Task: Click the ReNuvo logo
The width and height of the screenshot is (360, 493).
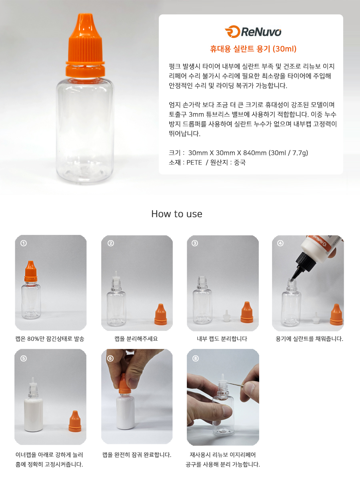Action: pos(253,32)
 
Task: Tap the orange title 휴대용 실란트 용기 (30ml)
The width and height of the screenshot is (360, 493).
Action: pos(253,49)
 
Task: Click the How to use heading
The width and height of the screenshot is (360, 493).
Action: pos(177,214)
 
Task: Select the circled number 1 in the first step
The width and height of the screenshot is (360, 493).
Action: pos(24,243)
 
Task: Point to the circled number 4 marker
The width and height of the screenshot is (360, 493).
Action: pos(280,243)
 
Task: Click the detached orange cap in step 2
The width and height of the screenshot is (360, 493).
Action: pos(161,314)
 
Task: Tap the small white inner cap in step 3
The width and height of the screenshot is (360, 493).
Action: pos(226,316)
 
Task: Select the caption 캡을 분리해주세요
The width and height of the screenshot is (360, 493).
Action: pos(136,339)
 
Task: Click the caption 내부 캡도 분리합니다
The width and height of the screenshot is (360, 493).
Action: pos(222,339)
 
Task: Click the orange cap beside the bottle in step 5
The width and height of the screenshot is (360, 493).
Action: pos(75,421)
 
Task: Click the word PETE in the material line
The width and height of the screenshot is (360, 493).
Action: pos(194,162)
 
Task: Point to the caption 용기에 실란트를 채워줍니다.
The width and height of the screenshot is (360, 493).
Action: pos(309,339)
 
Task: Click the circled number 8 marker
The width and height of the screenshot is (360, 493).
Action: pos(196,359)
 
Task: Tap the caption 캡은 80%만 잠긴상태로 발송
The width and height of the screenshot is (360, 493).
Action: pos(50,339)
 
